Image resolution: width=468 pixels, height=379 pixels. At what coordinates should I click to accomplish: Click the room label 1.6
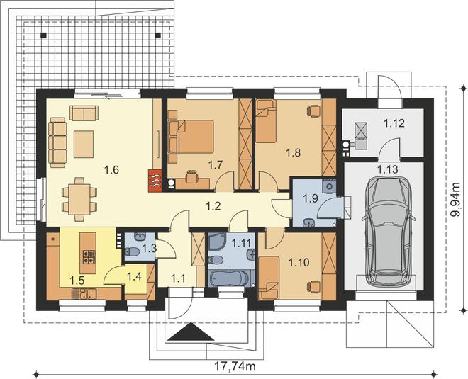tap(111, 170)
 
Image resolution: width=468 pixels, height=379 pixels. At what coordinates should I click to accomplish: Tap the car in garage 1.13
tap(388, 230)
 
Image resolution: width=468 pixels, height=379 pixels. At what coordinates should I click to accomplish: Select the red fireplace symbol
tap(155, 181)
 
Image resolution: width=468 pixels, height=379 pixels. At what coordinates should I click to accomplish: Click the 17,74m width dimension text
tap(235, 366)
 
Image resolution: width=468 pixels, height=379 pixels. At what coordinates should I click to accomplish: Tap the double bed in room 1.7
tap(195, 136)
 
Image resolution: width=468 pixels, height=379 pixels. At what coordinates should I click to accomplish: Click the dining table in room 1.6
tap(79, 199)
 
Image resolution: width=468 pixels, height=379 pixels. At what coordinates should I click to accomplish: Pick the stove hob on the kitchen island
tap(89, 256)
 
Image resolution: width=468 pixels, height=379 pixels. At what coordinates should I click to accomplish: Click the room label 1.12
tap(394, 123)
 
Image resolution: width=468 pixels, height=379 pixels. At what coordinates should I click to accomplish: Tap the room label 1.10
tap(299, 263)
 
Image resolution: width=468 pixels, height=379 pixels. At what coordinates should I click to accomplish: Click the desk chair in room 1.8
tap(312, 111)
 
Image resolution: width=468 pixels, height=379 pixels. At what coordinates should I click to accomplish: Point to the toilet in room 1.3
tap(133, 252)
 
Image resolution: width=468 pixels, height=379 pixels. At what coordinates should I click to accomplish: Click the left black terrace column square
tap(44, 35)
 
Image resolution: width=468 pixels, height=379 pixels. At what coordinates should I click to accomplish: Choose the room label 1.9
tap(310, 198)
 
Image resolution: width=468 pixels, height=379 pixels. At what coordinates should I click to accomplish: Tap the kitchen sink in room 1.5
tap(84, 294)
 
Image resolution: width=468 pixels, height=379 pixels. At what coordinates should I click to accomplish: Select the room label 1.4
tap(134, 276)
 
